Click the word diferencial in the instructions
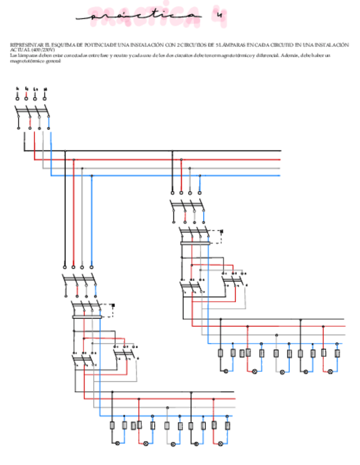(x=266, y=55)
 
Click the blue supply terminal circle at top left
(x=45, y=98)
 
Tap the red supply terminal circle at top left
(x=26, y=98)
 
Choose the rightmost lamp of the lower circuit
(x=221, y=443)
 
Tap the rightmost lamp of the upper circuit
(x=330, y=371)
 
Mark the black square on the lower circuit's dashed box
(x=113, y=306)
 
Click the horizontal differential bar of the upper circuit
(x=195, y=242)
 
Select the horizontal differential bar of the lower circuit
(x=87, y=316)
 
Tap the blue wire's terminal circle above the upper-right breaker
(x=199, y=193)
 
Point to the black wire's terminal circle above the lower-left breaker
(x=65, y=267)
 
